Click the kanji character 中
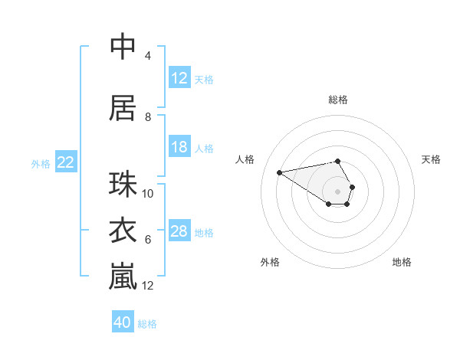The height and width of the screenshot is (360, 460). tap(123, 47)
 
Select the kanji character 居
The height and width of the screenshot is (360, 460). tap(123, 108)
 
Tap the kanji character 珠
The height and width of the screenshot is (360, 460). tap(123, 185)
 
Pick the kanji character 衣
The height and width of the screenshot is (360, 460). tap(123, 231)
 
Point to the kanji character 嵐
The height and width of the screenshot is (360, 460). tap(123, 277)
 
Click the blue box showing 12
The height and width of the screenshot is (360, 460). tap(179, 77)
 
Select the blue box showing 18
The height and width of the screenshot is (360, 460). tap(179, 147)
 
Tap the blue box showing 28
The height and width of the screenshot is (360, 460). tap(179, 231)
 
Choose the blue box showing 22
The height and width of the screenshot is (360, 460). tap(66, 162)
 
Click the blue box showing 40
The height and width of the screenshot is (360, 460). tap(123, 322)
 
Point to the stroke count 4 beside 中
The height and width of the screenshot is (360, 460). tap(148, 56)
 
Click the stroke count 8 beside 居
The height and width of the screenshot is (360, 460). tap(148, 117)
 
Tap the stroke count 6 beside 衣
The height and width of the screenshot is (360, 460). tap(148, 240)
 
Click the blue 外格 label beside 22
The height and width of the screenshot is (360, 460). tap(41, 163)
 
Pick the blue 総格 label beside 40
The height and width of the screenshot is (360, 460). tap(147, 324)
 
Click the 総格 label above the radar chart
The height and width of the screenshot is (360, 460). tap(338, 100)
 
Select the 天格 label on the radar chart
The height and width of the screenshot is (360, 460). tap(432, 159)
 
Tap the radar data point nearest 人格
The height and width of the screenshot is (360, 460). tap(279, 172)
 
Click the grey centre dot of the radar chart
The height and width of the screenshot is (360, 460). tap(338, 191)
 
